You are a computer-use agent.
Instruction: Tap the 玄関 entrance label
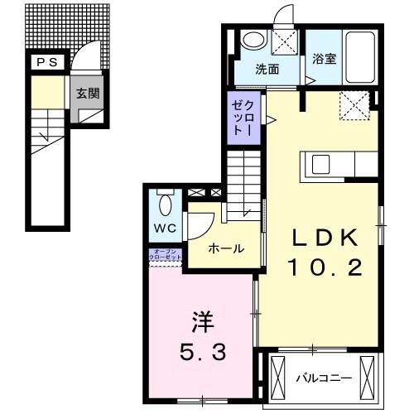coord(88,94)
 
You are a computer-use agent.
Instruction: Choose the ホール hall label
coord(225,248)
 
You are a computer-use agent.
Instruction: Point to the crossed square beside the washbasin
coord(284,41)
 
